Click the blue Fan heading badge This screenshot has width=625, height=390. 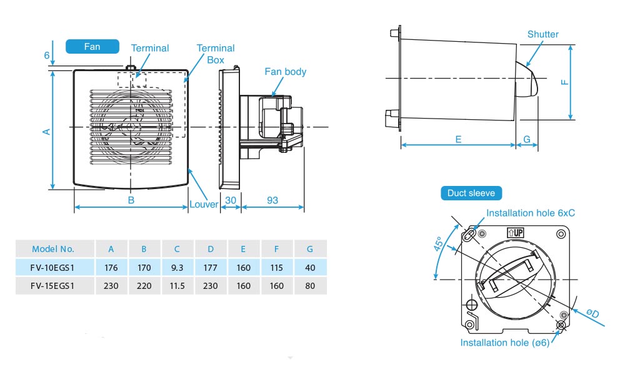[92, 46]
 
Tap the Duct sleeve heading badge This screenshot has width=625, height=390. [471, 193]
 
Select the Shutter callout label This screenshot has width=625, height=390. [542, 34]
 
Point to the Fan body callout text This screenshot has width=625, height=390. [286, 72]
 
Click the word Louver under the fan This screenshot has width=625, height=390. [204, 204]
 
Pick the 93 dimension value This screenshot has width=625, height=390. [272, 200]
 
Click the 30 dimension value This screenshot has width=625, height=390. [231, 200]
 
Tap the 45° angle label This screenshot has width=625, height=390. [439, 243]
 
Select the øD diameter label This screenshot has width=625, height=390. [592, 313]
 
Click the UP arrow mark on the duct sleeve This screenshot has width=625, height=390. [514, 232]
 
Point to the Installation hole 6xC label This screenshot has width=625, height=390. [531, 213]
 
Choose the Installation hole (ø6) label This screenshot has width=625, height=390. [505, 343]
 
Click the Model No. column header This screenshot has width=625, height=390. [53, 248]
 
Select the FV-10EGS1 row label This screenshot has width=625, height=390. [53, 268]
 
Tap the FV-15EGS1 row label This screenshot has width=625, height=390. [53, 286]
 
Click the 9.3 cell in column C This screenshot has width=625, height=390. [177, 268]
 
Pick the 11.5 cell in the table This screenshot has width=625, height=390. [177, 286]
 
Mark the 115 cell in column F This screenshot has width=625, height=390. [277, 268]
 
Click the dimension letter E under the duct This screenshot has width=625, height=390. [458, 140]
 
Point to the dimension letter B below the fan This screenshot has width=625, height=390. [131, 200]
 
